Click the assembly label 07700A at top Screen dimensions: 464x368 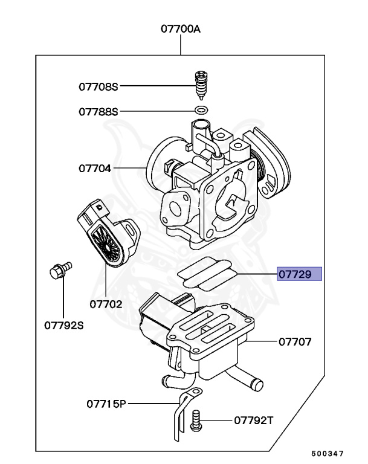tap(180, 28)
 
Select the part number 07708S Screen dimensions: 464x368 tap(98, 86)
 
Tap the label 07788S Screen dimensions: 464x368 tap(98, 112)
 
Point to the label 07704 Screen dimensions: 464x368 tap(94, 168)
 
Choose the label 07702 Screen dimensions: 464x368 tap(105, 304)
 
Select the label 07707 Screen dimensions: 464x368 tap(295, 342)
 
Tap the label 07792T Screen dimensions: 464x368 tap(253, 419)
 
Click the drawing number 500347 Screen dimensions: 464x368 tap(328, 453)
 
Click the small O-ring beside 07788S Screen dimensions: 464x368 tap(202, 111)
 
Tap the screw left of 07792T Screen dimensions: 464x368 tap(195, 419)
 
